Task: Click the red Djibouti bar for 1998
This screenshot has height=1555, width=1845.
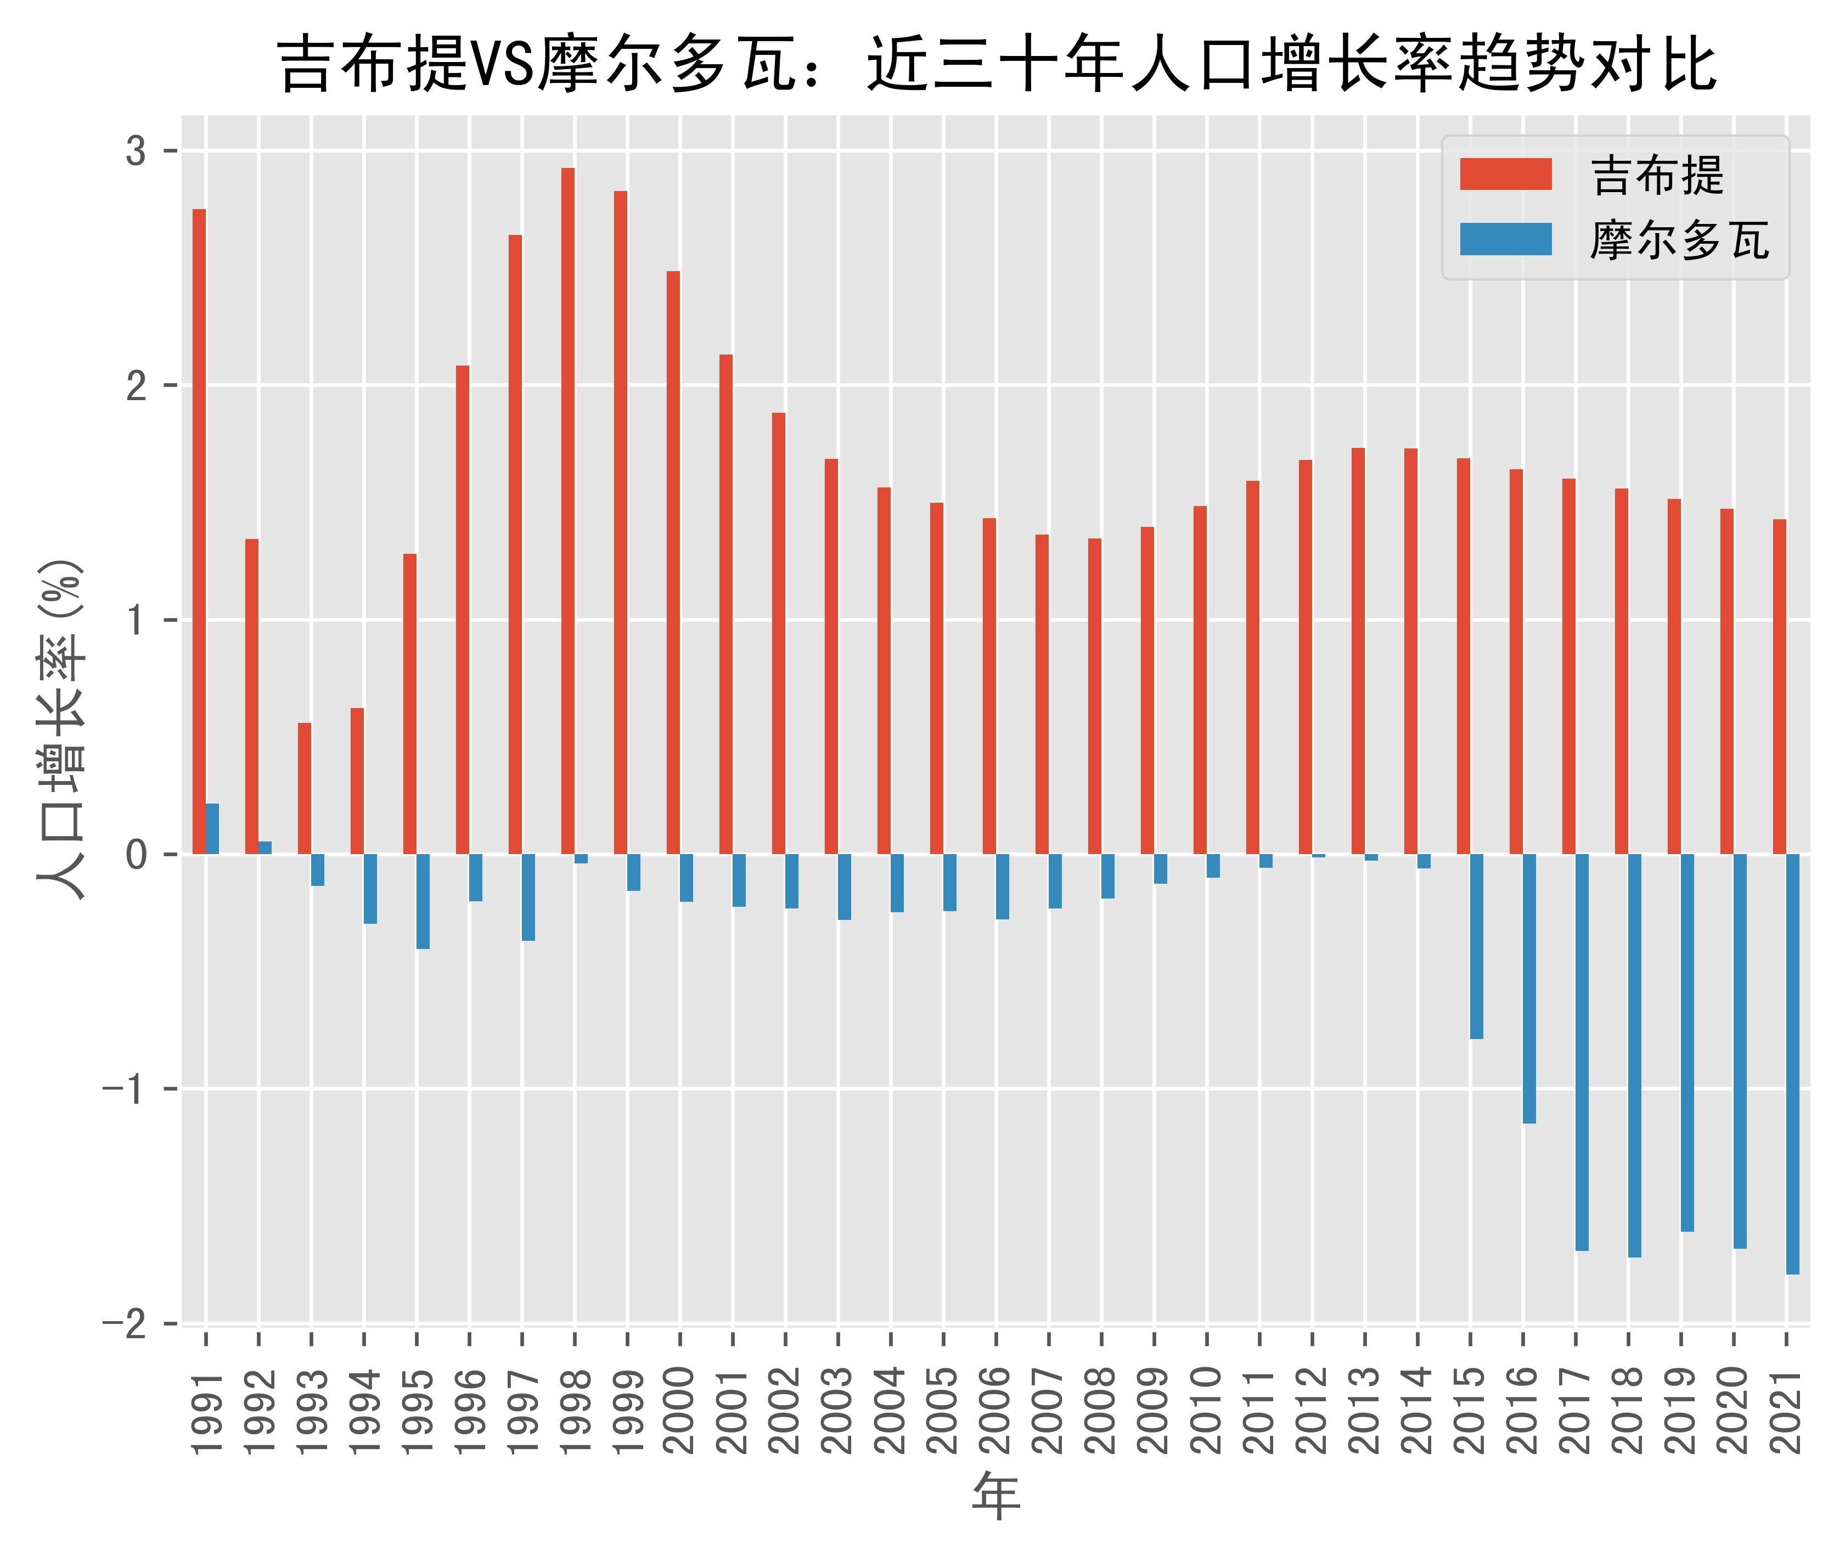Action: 567,510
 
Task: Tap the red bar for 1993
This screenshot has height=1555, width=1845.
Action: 304,788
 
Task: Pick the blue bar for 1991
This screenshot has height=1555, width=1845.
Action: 212,829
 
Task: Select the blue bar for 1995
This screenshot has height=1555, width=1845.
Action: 423,901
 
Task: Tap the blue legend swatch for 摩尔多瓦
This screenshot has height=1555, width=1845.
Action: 1506,240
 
